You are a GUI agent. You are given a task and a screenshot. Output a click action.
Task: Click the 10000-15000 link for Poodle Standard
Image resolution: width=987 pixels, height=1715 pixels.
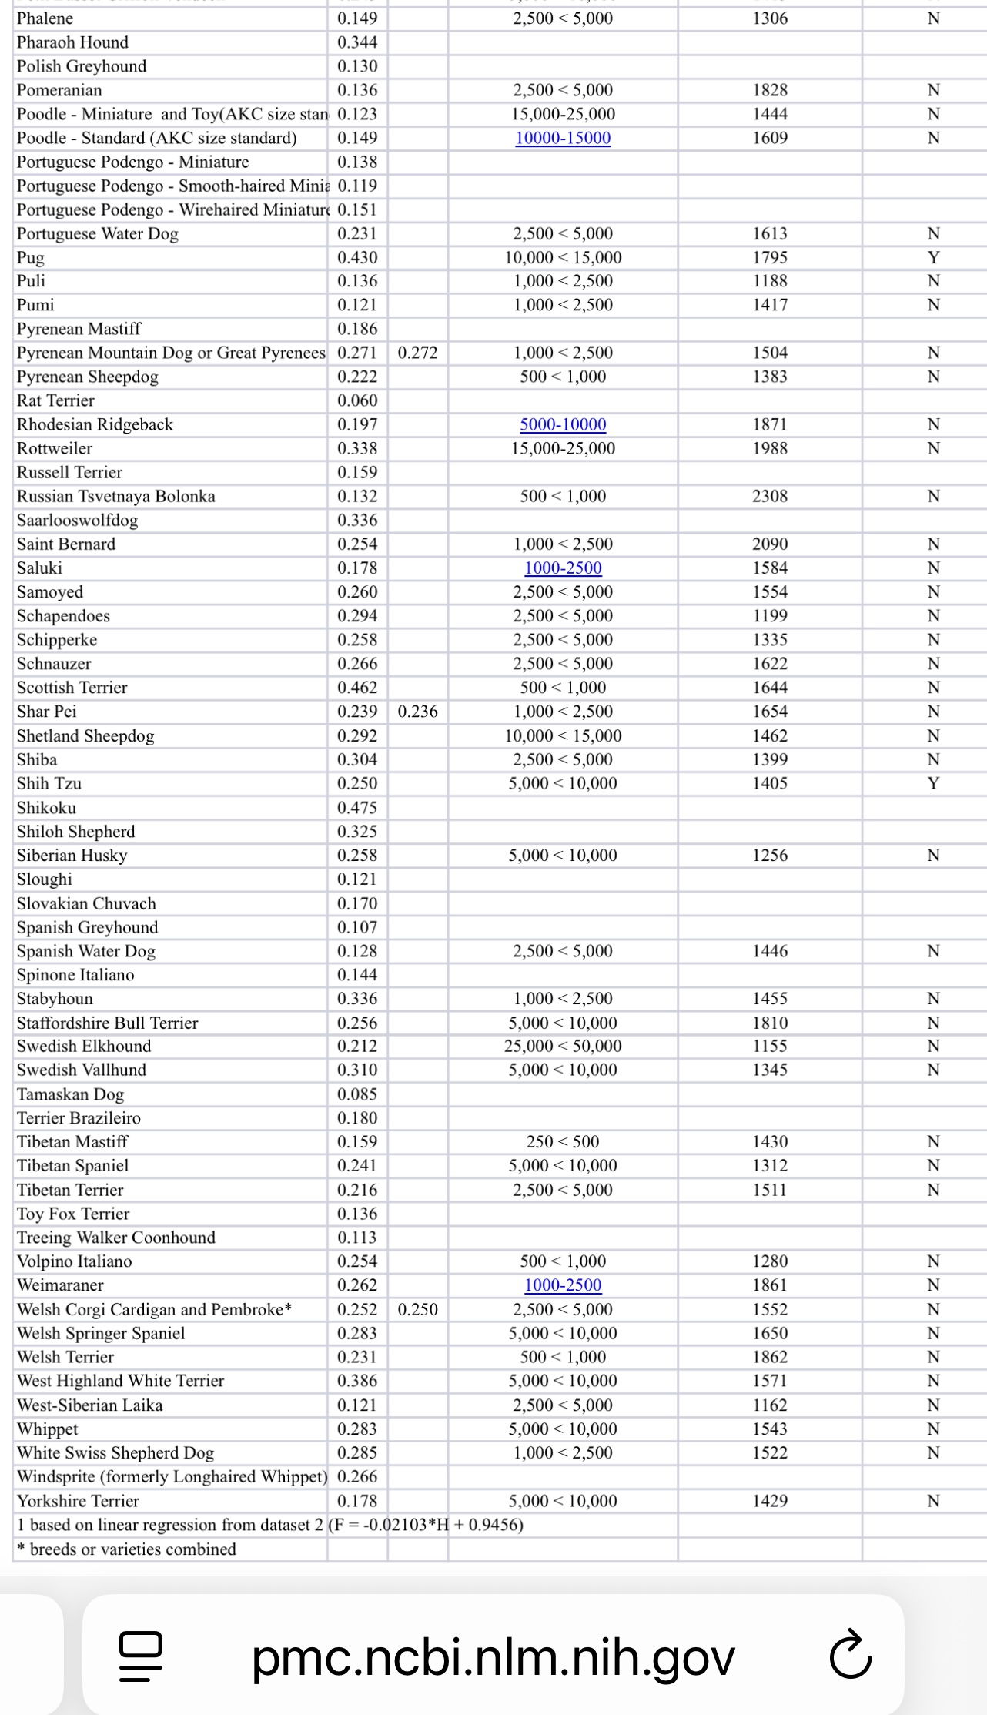coord(563,139)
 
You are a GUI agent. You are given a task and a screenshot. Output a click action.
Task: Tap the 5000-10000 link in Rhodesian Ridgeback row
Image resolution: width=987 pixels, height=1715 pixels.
coord(563,425)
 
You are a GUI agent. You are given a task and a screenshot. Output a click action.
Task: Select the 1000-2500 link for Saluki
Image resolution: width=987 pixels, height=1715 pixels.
coord(563,568)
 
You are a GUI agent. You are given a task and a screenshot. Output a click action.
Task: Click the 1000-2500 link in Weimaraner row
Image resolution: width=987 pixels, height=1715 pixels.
coord(563,1285)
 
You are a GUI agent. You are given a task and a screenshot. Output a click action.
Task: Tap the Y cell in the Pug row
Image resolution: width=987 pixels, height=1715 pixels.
coord(933,258)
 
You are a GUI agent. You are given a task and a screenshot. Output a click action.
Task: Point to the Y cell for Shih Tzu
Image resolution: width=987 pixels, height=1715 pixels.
coord(933,784)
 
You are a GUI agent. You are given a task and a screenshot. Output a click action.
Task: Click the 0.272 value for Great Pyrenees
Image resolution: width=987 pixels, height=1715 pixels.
coord(417,353)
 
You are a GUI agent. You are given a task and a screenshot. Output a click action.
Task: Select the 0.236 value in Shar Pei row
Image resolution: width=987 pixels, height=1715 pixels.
coord(417,712)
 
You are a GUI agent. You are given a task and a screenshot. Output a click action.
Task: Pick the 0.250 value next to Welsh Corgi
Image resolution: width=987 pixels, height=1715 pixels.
coord(417,1309)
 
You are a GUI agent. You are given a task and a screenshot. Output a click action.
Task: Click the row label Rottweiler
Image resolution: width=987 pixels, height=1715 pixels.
coord(55,449)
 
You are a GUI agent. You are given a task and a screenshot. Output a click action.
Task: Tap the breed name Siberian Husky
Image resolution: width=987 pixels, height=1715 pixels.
coord(72,856)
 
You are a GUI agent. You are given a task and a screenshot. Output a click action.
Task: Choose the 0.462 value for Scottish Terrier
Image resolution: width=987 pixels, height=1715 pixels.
coord(357,688)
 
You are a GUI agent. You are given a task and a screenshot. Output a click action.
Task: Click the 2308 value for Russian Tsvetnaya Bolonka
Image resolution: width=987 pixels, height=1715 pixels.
coord(770,497)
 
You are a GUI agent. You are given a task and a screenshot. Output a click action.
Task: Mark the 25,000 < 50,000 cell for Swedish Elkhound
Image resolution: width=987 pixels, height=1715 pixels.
coord(563,1047)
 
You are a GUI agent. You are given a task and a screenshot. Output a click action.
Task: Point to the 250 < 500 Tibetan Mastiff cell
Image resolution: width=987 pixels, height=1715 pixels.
coord(563,1142)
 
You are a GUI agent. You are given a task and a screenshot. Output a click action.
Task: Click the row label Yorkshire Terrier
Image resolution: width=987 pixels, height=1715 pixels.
coord(78,1501)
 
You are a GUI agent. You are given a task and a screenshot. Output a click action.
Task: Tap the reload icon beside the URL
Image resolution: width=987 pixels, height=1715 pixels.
coord(851,1658)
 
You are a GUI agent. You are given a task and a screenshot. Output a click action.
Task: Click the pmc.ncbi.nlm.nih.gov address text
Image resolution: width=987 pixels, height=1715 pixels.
coord(493,1658)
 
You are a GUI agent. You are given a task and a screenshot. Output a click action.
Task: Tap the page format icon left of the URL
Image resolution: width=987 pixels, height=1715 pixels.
coord(141,1657)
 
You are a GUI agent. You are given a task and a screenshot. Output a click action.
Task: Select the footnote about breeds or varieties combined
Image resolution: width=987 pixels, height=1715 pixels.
coord(126,1549)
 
